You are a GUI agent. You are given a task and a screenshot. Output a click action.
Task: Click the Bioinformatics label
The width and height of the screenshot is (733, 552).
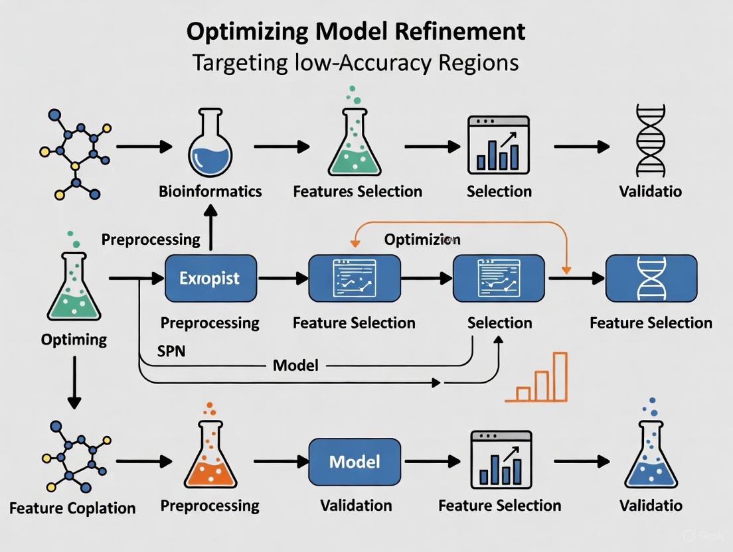[x=210, y=192]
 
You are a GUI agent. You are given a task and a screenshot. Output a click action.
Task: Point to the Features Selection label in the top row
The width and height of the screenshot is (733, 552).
[x=357, y=192]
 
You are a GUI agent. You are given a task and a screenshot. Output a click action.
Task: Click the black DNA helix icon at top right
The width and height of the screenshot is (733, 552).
[x=650, y=140]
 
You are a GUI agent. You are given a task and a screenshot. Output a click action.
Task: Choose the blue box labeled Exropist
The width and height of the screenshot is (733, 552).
[x=210, y=279]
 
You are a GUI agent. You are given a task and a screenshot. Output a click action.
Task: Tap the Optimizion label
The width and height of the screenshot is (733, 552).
[x=422, y=239]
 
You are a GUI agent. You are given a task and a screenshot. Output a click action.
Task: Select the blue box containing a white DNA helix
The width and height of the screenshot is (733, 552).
[x=651, y=279]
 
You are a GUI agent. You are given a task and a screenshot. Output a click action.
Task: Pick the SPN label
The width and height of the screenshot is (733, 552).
[x=171, y=351]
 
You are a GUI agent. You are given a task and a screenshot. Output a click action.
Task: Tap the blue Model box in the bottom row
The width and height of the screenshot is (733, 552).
[x=355, y=462]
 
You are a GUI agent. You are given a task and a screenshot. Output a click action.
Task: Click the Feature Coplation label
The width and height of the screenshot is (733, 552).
[x=72, y=508]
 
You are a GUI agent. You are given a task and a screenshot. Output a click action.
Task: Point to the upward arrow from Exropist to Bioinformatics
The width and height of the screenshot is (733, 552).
[x=210, y=228]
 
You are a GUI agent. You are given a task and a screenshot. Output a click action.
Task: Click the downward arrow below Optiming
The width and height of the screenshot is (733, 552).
[x=74, y=381]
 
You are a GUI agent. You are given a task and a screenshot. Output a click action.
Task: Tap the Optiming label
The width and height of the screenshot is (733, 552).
[x=74, y=340]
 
